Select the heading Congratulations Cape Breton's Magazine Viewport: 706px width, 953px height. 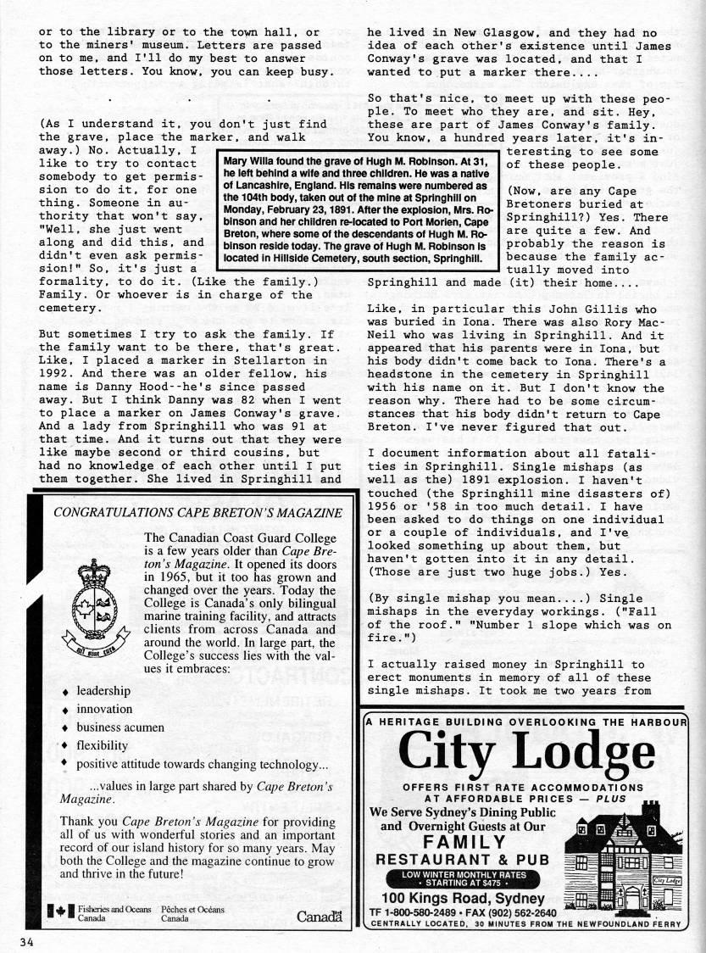(197, 512)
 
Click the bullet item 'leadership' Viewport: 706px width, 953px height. (103, 690)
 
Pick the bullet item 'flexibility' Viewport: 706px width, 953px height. (102, 746)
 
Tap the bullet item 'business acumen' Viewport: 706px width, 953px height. (117, 727)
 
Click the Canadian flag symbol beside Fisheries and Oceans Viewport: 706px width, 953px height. (60, 911)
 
